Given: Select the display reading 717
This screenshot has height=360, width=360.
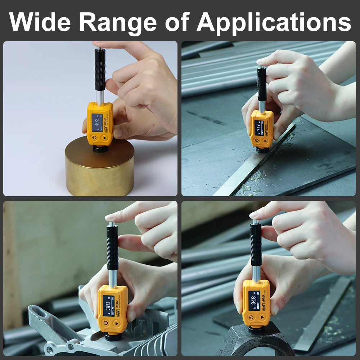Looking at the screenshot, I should click(258, 128).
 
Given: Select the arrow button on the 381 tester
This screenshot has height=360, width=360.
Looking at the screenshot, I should click(117, 323).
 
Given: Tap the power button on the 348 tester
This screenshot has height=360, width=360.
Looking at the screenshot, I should click(251, 318).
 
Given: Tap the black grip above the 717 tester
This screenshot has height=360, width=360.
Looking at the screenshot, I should click(262, 84).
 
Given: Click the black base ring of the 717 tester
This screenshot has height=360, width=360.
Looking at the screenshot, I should click(262, 149).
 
